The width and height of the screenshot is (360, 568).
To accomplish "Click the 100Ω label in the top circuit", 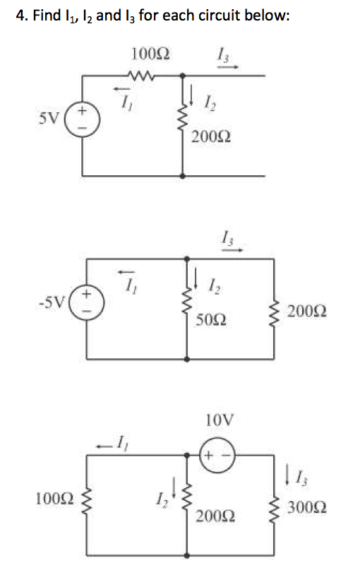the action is [x=150, y=54].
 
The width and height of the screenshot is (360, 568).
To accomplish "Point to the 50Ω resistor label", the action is [x=211, y=320].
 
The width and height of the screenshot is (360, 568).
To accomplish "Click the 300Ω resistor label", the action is [x=307, y=507].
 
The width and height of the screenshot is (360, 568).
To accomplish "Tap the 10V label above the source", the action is [x=220, y=420].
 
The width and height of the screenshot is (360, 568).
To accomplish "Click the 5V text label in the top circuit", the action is [x=48, y=118].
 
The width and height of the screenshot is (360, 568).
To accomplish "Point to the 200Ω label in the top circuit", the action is [x=211, y=137].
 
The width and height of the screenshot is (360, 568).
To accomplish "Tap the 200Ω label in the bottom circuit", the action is [x=215, y=516].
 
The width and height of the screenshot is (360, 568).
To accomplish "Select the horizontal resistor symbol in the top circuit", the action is [x=142, y=76].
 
